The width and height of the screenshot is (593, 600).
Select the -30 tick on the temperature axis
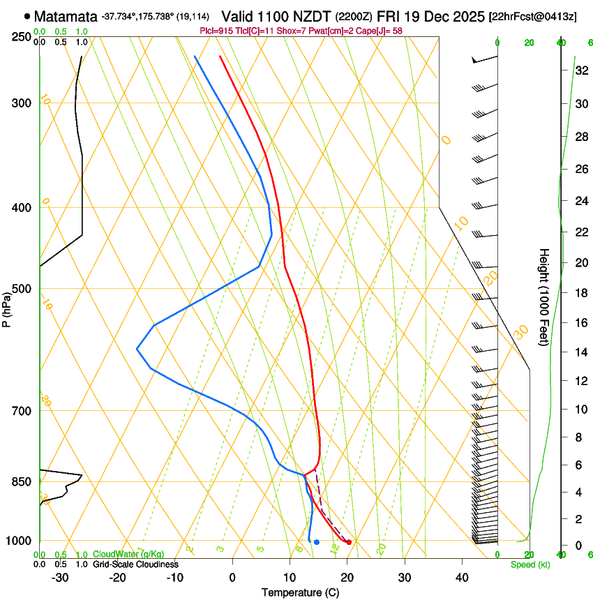(60, 578)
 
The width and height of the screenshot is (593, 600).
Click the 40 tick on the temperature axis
(462, 578)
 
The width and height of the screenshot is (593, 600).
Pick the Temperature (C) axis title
(300, 592)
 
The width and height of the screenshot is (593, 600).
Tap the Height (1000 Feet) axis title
(545, 297)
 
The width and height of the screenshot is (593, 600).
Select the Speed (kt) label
(530, 564)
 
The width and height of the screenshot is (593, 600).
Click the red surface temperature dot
(349, 542)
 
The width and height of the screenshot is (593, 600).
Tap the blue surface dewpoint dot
(317, 542)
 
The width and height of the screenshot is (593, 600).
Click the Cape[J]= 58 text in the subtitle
(382, 31)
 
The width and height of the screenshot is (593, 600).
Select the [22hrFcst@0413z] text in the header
(532, 16)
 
